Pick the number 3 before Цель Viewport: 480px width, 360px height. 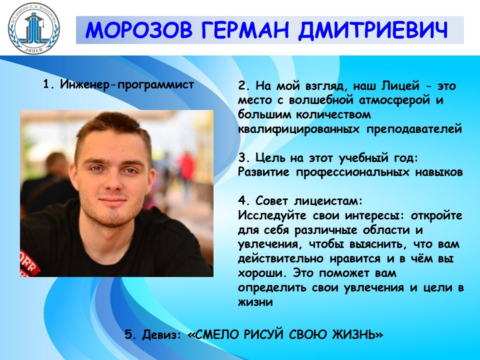[242, 157]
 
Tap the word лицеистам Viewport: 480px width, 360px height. [329, 201]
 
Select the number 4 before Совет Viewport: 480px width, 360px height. [242, 201]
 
